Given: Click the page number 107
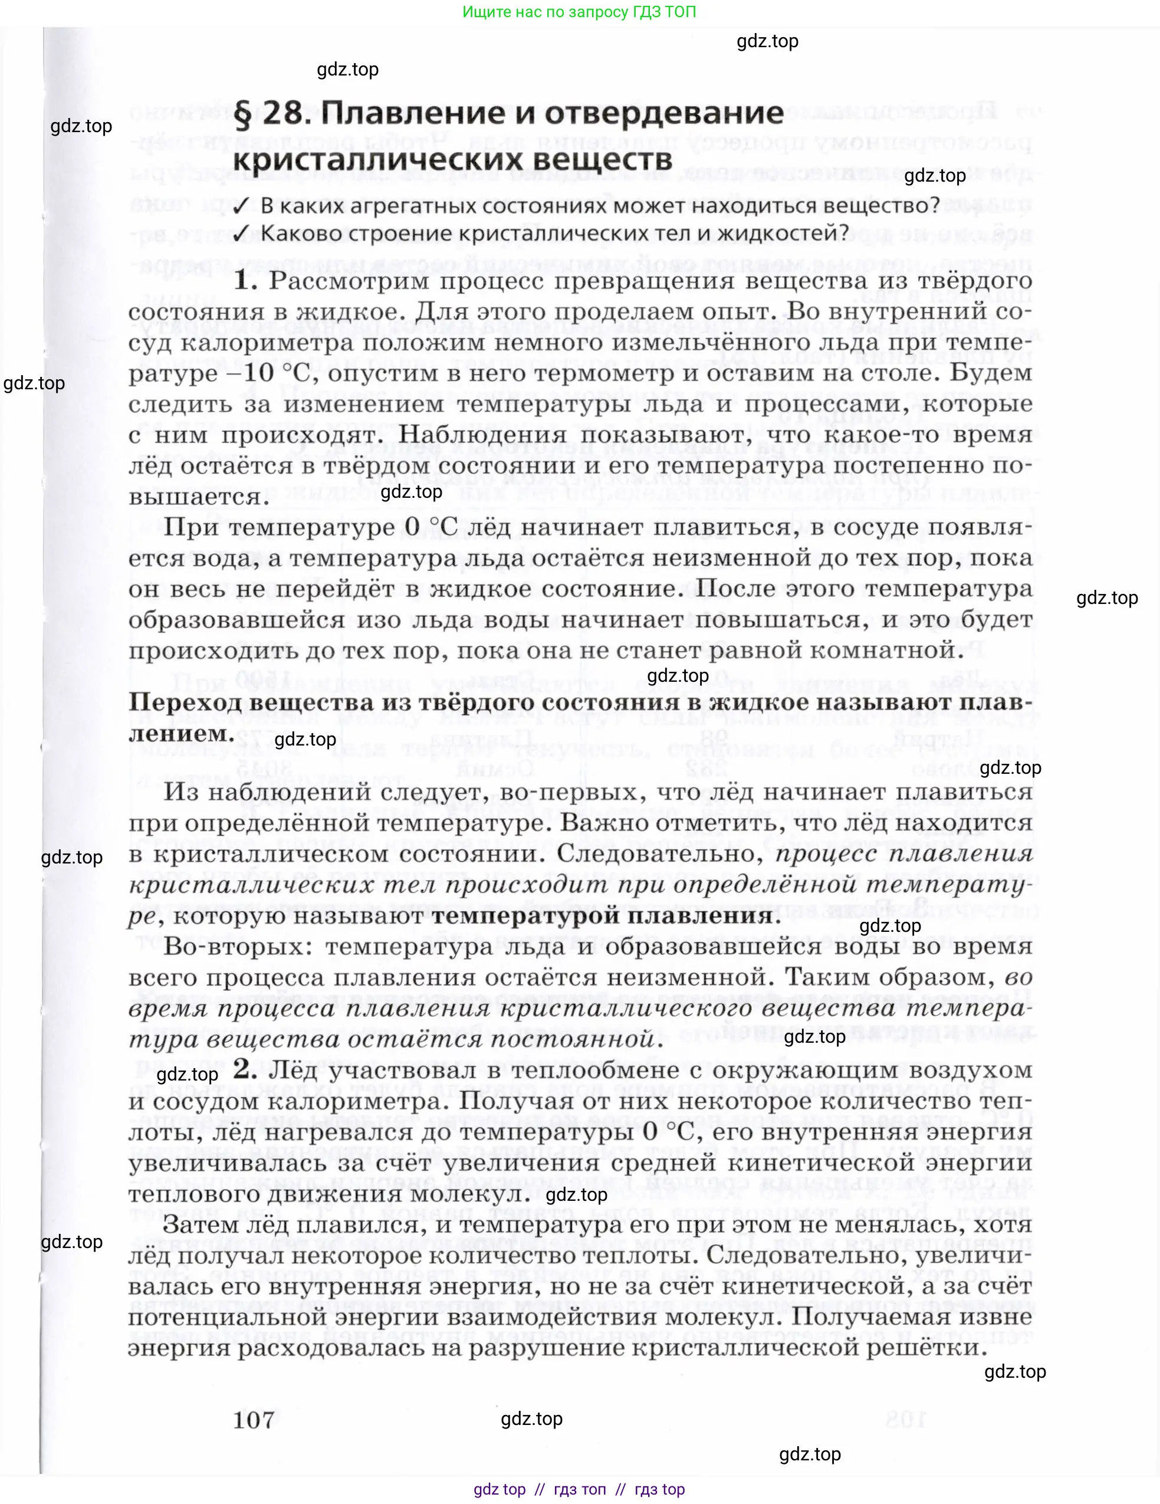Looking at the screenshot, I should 254,1420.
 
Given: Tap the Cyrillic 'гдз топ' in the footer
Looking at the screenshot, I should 580,1489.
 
